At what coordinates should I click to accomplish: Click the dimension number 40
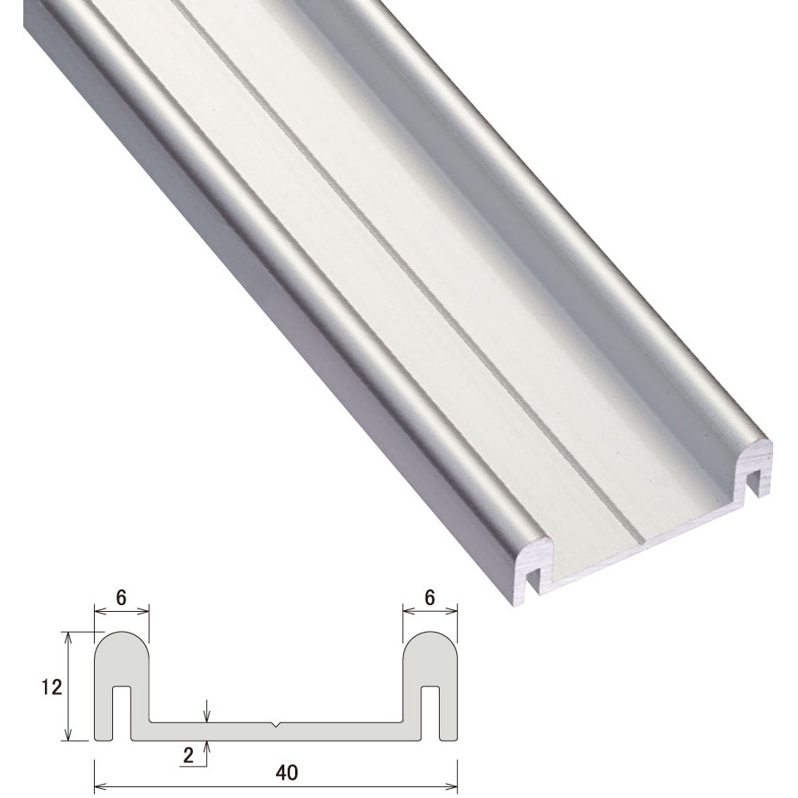click(287, 772)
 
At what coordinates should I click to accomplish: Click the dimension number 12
click(52, 687)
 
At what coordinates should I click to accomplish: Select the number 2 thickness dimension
click(188, 756)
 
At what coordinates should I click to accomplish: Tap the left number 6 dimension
click(121, 598)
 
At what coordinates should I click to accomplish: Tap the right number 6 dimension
click(430, 598)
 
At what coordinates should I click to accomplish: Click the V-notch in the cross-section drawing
click(275, 724)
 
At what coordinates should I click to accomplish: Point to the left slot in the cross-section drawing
click(121, 712)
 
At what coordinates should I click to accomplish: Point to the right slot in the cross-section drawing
click(431, 712)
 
